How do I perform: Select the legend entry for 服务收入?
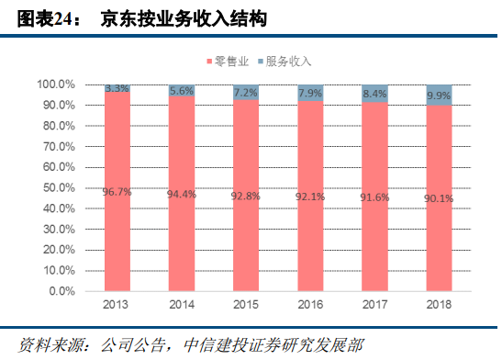click(284, 62)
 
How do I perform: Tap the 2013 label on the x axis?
click(117, 304)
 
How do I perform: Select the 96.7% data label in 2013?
click(117, 191)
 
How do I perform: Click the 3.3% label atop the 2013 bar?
click(117, 88)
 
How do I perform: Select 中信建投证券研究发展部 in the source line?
click(259, 344)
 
